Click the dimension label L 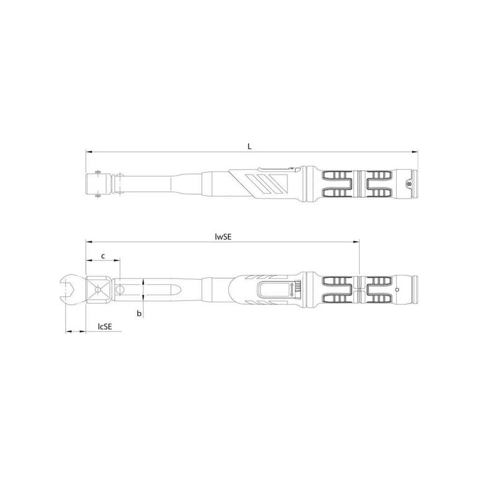pyautogui.click(x=249, y=146)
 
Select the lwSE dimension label pyautogui.click(x=223, y=237)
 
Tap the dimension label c pyautogui.click(x=103, y=256)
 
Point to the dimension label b pyautogui.click(x=139, y=313)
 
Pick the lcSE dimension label pyautogui.click(x=105, y=326)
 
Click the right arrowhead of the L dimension pyautogui.click(x=415, y=152)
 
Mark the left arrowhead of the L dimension pyautogui.click(x=89, y=152)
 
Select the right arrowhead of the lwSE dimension pyautogui.click(x=356, y=242)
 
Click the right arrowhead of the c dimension pyautogui.click(x=117, y=261)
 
